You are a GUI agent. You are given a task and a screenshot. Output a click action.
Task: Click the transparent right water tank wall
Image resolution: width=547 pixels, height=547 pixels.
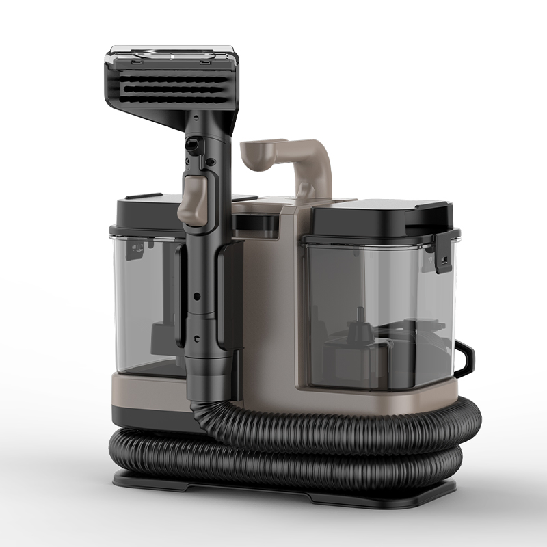click(x=403, y=308)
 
